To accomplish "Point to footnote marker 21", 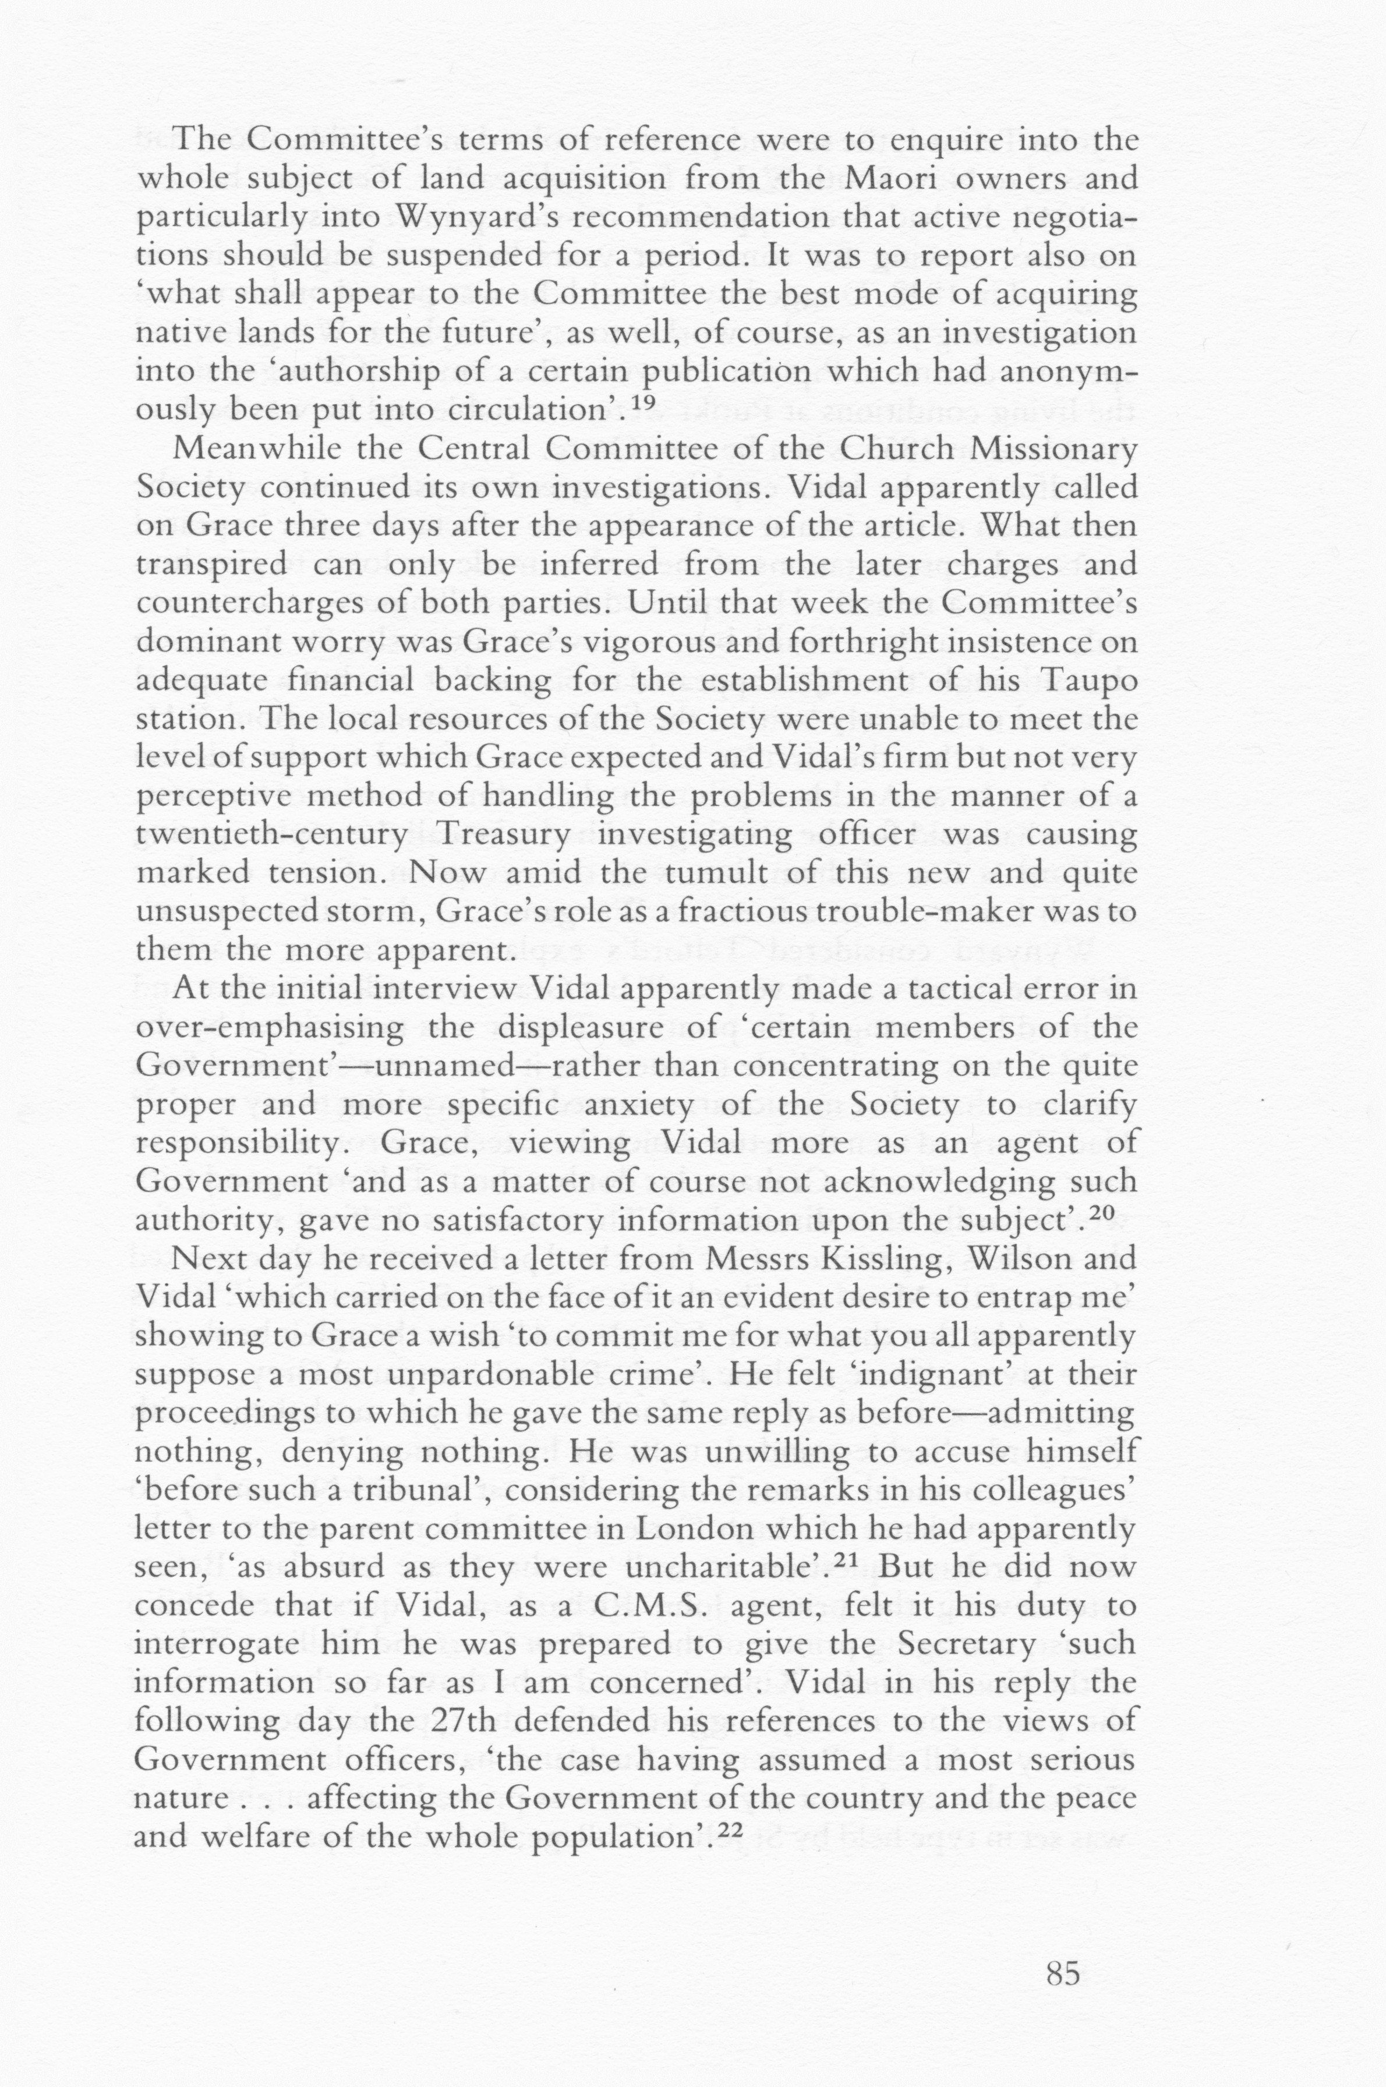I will click(847, 1559).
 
